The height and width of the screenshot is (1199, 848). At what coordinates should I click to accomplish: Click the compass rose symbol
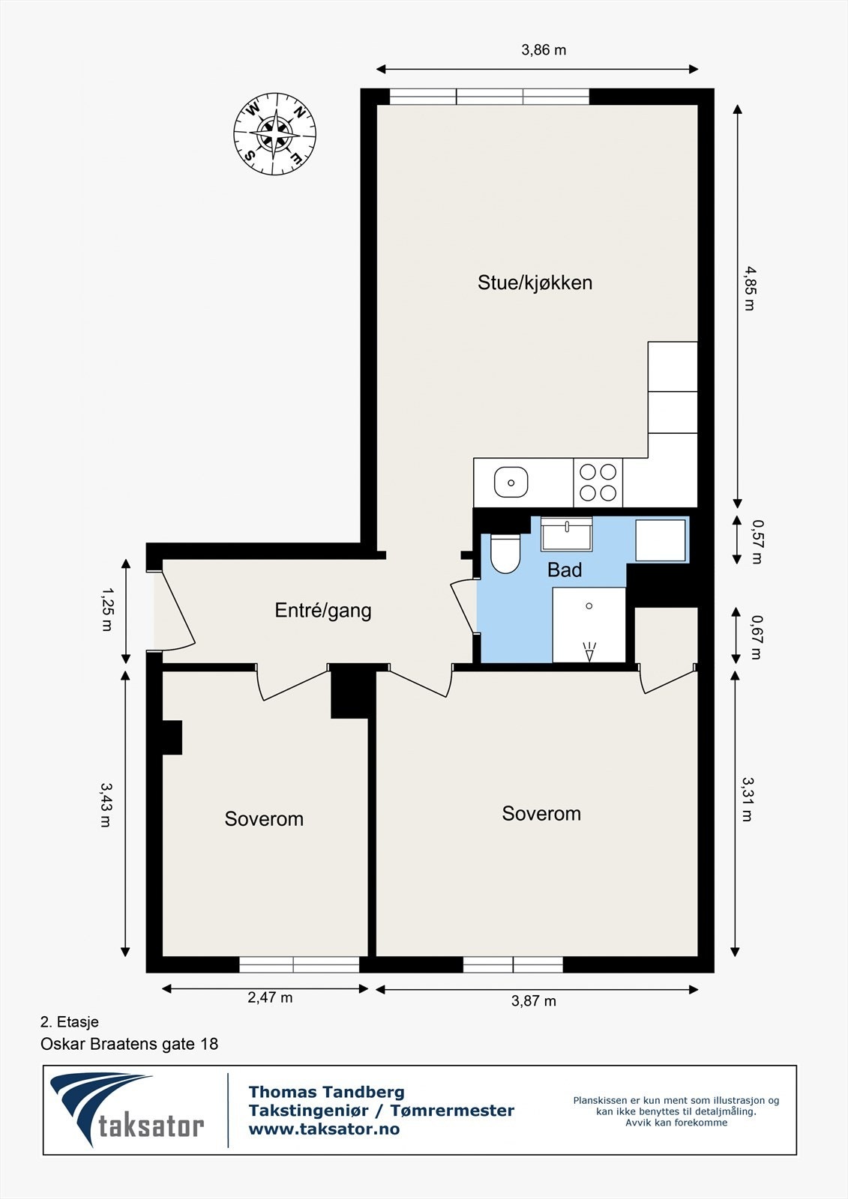[x=274, y=134]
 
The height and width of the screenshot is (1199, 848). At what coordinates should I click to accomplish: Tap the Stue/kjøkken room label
[x=535, y=283]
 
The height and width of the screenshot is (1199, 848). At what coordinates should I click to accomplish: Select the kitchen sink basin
[x=511, y=482]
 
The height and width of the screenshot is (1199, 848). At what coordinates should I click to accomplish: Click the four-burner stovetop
[x=598, y=483]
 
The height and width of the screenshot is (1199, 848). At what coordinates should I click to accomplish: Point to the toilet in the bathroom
[x=505, y=554]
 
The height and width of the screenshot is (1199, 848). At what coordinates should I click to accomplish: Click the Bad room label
[x=564, y=570]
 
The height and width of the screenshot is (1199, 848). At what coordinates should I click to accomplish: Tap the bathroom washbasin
[x=566, y=534]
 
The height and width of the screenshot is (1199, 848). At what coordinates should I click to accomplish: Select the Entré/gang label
[x=323, y=611]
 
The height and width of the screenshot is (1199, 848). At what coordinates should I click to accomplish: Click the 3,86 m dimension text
[x=544, y=50]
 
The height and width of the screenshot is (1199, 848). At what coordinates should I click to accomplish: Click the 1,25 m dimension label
[x=107, y=609]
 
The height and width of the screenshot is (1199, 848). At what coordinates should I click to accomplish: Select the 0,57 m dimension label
[x=756, y=542]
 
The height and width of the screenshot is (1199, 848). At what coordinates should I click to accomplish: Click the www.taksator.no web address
[x=324, y=1129]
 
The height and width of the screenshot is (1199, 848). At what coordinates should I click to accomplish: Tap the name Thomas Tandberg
[x=327, y=1091]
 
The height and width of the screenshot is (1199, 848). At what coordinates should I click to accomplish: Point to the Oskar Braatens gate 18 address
[x=130, y=1044]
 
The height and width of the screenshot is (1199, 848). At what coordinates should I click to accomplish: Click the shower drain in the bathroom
[x=589, y=606]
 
